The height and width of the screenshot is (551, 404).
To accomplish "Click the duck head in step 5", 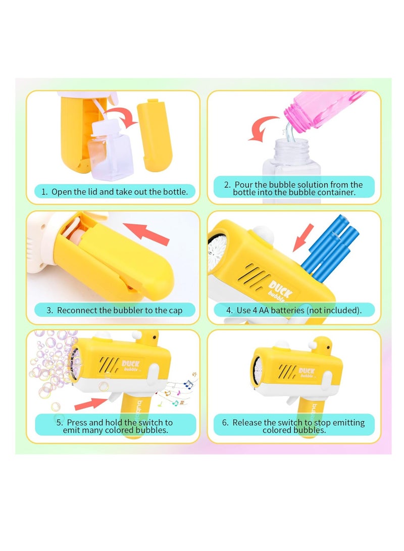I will tap(149, 341).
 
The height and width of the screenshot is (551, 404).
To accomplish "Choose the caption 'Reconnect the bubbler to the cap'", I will tap(114, 310).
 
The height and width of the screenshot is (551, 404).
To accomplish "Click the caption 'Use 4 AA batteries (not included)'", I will tap(294, 310).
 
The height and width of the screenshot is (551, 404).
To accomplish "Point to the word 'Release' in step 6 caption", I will tap(248, 423).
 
